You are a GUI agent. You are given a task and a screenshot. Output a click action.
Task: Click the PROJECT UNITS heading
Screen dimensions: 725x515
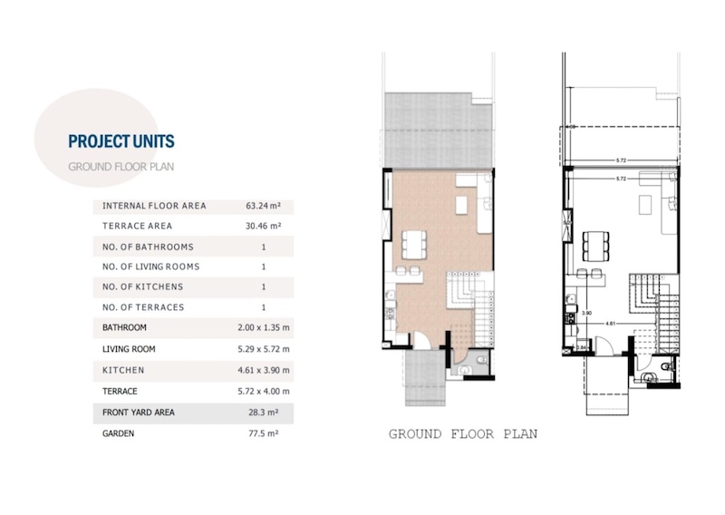[x=121, y=141]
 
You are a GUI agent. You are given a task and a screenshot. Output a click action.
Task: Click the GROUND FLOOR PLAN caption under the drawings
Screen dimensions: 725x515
[x=463, y=434]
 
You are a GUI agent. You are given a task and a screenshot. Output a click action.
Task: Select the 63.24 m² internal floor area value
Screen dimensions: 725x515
[x=263, y=206]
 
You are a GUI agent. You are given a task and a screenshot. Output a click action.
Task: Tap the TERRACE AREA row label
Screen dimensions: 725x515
[x=138, y=226]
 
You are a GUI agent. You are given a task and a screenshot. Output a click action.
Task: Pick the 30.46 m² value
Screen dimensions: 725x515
[x=263, y=226]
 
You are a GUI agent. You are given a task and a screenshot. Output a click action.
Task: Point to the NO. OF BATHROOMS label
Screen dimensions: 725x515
[x=148, y=247]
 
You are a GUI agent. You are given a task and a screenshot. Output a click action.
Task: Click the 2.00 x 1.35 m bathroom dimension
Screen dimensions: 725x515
[x=264, y=327]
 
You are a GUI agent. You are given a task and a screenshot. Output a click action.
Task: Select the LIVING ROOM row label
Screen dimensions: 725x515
[x=129, y=349]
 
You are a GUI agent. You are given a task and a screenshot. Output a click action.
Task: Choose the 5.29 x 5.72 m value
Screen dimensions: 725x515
[x=264, y=349]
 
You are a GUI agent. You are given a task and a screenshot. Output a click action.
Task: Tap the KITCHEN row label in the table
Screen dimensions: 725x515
[x=123, y=370]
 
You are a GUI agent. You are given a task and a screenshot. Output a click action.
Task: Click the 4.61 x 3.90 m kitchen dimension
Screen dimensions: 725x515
[x=264, y=370]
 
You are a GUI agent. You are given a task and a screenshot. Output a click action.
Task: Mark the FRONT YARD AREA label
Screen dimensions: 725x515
[x=139, y=413]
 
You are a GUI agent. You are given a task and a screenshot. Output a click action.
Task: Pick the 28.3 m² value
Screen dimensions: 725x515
[x=263, y=413]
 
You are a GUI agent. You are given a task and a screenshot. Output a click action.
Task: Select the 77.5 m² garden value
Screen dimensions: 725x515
[x=263, y=433]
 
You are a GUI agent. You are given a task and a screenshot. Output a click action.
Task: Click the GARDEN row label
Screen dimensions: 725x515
[x=119, y=433]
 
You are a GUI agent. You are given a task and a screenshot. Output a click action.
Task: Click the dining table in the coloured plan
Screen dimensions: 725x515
[x=414, y=245]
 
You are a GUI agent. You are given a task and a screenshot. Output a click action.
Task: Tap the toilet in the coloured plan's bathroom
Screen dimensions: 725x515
[x=482, y=360]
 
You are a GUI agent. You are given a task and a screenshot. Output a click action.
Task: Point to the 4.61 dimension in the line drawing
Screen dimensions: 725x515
[x=610, y=324]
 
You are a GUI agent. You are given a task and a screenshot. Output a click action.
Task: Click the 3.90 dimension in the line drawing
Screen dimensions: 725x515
[x=586, y=313]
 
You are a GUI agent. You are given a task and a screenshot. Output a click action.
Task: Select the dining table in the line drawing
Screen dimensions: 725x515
[x=595, y=246]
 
